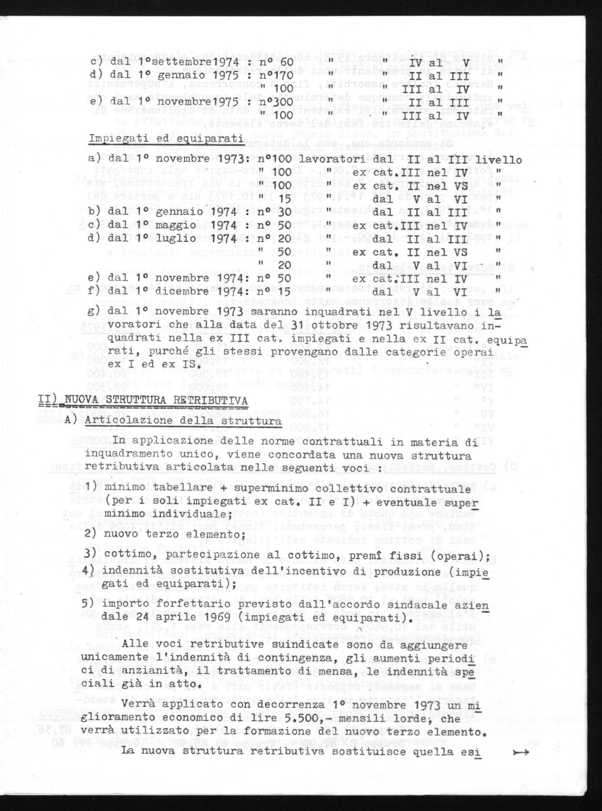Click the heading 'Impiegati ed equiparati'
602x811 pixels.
pyautogui.click(x=166, y=139)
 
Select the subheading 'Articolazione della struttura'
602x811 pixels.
pyautogui.click(x=183, y=420)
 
